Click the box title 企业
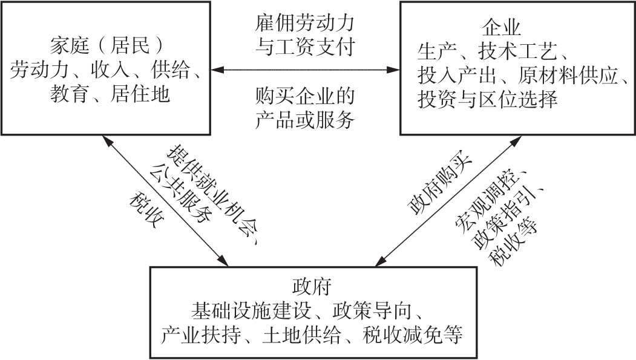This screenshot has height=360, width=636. (x=501, y=28)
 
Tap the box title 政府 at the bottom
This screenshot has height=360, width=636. (x=312, y=287)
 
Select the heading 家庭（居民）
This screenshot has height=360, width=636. (x=107, y=45)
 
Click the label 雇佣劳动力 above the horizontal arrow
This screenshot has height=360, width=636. (x=304, y=23)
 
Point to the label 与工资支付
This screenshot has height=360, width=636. (x=304, y=47)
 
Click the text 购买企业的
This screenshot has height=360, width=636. (x=304, y=96)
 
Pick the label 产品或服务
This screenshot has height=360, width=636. (x=304, y=120)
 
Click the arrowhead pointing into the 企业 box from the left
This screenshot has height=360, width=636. (x=393, y=70)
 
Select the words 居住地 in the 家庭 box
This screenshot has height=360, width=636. (x=140, y=94)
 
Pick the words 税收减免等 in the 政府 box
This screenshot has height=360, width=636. (x=413, y=335)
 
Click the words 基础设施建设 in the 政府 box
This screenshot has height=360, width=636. (x=252, y=311)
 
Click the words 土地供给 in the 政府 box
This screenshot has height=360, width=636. (x=301, y=335)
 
